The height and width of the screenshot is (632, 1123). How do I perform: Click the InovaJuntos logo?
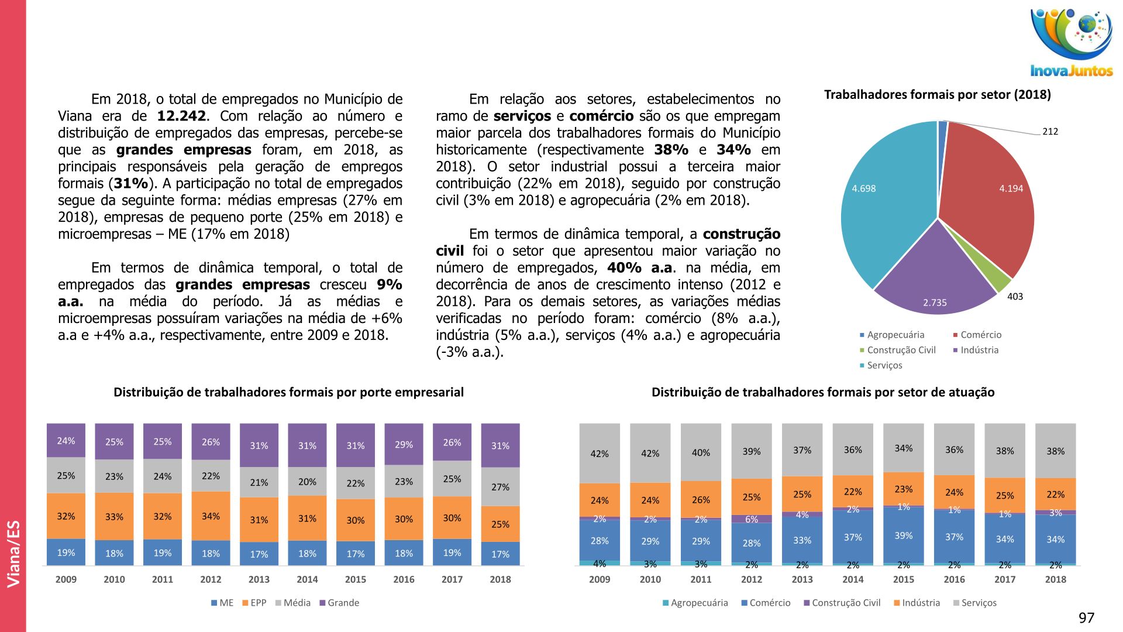1072,42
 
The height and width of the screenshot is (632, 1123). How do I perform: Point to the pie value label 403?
1015,297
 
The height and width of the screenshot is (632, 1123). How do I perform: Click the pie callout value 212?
1050,132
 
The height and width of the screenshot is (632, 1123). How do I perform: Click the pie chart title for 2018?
937,95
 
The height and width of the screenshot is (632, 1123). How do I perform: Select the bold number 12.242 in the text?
181,116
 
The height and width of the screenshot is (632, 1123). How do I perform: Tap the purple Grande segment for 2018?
500,445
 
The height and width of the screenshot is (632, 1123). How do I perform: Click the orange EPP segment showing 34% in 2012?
211,516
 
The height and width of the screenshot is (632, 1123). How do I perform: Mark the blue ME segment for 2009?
66,552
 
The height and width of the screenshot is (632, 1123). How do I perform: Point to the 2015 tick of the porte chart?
356,579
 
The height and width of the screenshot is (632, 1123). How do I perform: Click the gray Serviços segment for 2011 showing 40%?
701,452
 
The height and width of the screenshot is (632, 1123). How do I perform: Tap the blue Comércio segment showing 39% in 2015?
904,535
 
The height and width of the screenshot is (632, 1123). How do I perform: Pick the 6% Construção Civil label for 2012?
752,519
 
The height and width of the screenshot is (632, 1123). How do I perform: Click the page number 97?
1086,618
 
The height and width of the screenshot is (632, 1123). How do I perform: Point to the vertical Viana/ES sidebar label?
13,554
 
